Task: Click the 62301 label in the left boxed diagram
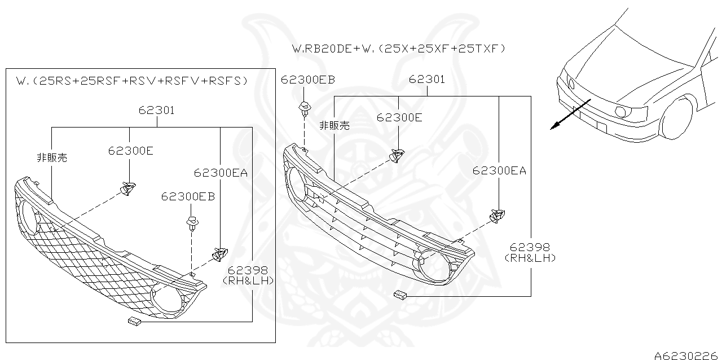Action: click(x=157, y=111)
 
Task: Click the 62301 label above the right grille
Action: click(x=427, y=80)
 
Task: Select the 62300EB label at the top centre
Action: click(x=308, y=80)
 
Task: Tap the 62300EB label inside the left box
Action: click(x=188, y=196)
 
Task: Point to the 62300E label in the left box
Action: click(x=131, y=151)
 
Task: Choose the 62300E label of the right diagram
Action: click(x=399, y=117)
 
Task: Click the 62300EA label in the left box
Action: click(x=221, y=173)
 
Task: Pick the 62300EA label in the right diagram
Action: click(x=499, y=170)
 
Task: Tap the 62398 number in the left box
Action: click(x=249, y=271)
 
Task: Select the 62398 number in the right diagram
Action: click(x=530, y=247)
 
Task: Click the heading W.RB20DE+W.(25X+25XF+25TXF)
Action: click(x=398, y=49)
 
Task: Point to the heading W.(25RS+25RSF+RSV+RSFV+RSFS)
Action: click(x=132, y=81)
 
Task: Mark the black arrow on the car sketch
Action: click(x=570, y=115)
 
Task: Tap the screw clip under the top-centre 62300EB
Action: click(x=305, y=108)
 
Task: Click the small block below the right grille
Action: click(x=400, y=294)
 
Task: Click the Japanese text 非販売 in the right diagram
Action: click(x=334, y=125)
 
